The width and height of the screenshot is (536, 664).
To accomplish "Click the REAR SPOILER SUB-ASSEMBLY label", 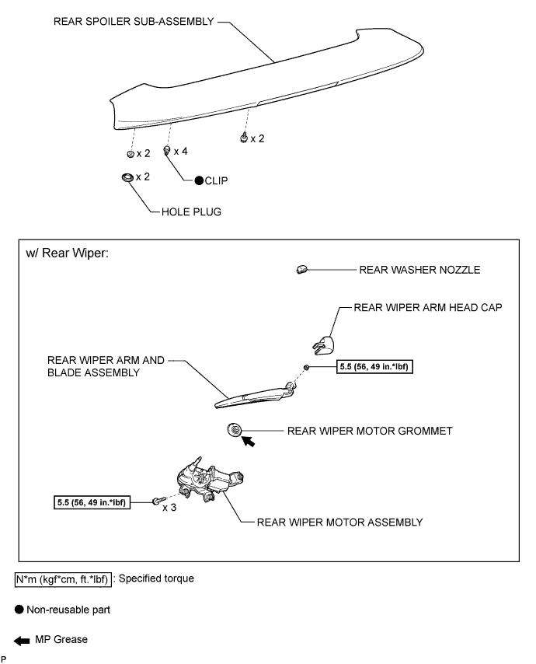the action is point(134,22).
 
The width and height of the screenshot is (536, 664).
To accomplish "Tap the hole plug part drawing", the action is point(127,177).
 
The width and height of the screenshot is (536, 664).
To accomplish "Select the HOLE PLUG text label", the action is point(191,211).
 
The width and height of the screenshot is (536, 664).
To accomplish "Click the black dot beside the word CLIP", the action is point(200,181).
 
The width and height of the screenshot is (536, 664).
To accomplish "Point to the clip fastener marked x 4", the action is point(167,150).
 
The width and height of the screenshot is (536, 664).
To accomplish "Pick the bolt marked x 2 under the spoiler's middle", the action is point(244,138).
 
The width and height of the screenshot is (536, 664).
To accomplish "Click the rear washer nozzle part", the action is point(301,269).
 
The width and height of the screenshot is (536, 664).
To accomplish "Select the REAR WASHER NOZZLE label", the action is point(419,270).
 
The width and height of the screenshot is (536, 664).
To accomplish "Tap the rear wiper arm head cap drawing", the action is point(323,344).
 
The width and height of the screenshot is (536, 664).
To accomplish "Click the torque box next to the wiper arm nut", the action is point(374,367).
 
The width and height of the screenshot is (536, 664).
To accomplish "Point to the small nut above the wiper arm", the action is point(306,367).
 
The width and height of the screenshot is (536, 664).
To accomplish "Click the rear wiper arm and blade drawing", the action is point(255,396).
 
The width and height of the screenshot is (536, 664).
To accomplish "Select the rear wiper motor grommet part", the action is point(234,430).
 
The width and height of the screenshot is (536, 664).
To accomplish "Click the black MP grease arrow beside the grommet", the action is point(249,442).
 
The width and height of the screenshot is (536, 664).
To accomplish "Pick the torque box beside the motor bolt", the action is point(92,502).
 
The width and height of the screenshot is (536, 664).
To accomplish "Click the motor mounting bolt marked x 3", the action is point(156,501).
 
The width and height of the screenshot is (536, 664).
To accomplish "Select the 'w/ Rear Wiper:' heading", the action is point(68,253).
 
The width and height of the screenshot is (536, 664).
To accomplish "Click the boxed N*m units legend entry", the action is point(63,579).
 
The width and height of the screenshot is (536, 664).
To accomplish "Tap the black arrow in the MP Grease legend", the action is point(22,641).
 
